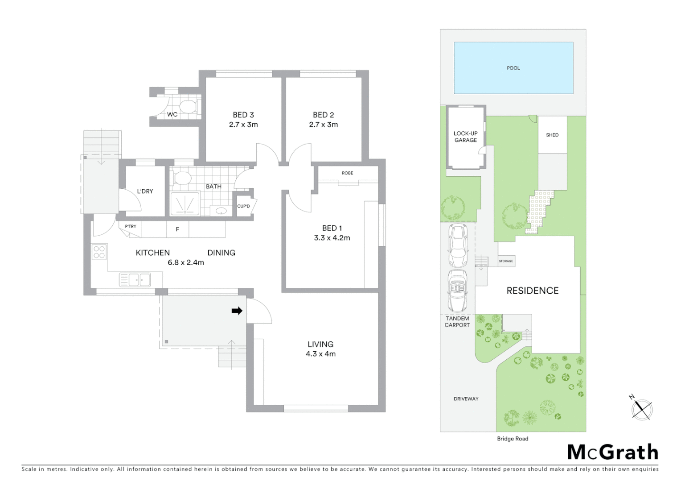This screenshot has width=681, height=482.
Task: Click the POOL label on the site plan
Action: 513,68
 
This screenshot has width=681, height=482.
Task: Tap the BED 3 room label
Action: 243,115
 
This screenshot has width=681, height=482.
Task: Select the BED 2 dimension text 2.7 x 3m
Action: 323,125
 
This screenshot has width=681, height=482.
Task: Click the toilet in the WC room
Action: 189,106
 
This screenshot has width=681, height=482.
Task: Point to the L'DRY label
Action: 145,191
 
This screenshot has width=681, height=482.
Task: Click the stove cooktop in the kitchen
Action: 99,252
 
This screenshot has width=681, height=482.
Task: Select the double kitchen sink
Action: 135,280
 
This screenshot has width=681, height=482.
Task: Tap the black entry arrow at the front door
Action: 237,311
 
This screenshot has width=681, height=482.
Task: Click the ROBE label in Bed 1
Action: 347,173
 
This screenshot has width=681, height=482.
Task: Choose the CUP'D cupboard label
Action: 243,206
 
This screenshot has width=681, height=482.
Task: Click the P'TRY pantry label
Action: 131,227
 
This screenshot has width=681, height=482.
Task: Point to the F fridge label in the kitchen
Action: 177,229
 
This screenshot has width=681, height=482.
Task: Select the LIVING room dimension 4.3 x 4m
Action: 320,354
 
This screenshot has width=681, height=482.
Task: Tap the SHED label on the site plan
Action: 552,135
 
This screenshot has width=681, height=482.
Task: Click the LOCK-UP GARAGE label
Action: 465,137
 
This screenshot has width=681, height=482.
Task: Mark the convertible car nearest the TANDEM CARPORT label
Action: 458,291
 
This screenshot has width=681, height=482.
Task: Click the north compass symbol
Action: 642,408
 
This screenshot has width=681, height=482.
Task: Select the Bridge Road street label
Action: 513,439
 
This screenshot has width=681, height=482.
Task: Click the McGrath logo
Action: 612,452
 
